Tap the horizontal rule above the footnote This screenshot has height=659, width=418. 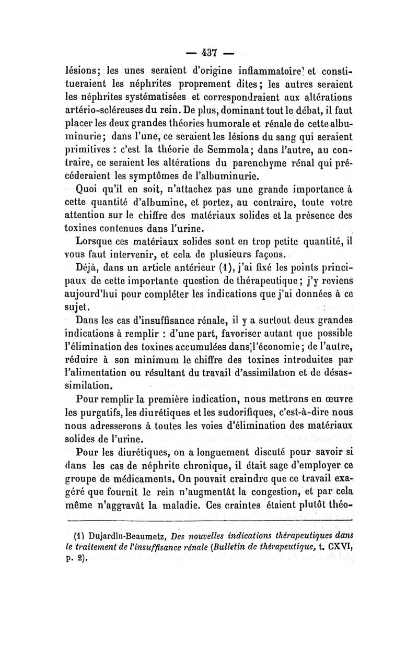click(x=208, y=521)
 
